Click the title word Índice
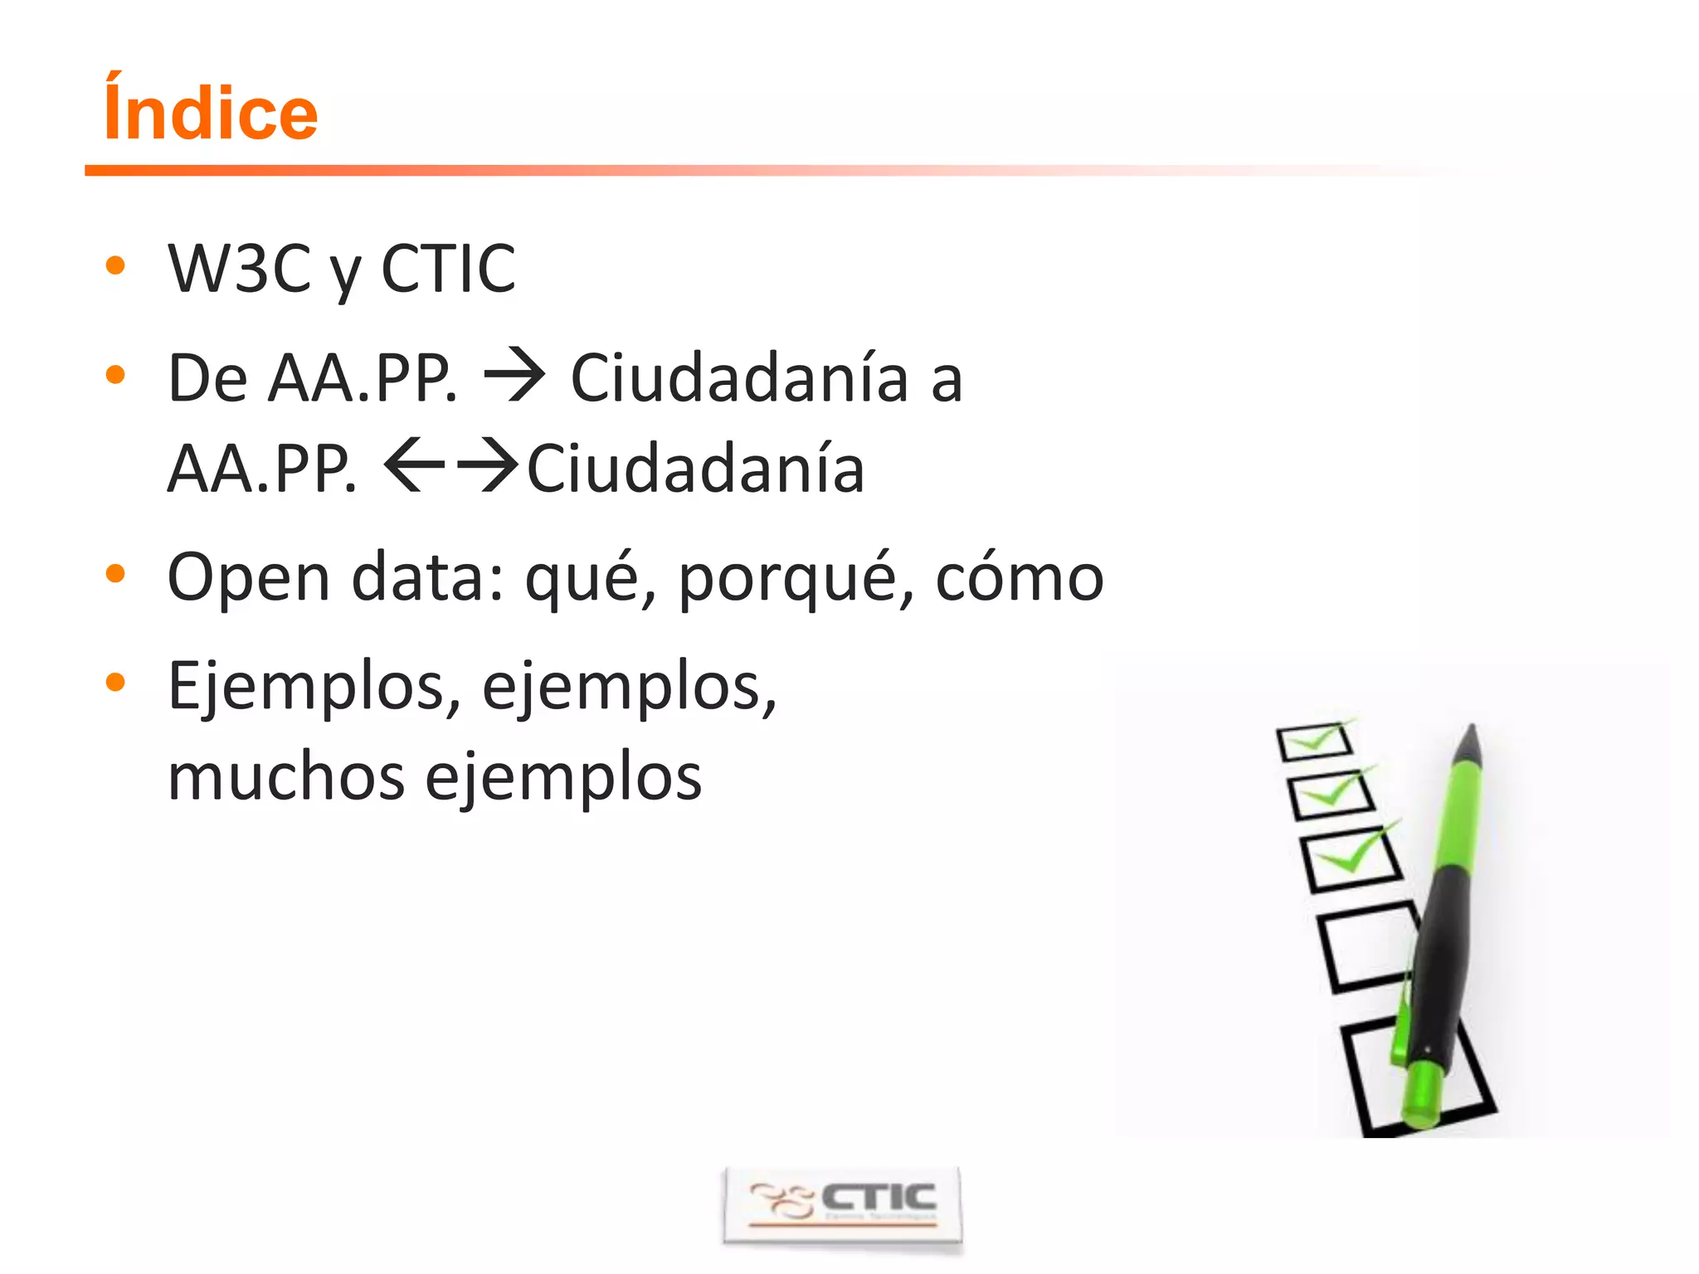[x=211, y=112]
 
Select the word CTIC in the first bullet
[x=448, y=269]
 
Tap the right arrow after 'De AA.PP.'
[x=514, y=377]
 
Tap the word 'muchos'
[x=286, y=777]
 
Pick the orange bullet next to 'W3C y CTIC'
[x=115, y=266]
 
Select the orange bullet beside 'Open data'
[x=115, y=573]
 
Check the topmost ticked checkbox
[x=1314, y=741]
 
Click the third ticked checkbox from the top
[x=1350, y=858]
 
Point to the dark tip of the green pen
[x=1470, y=742]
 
